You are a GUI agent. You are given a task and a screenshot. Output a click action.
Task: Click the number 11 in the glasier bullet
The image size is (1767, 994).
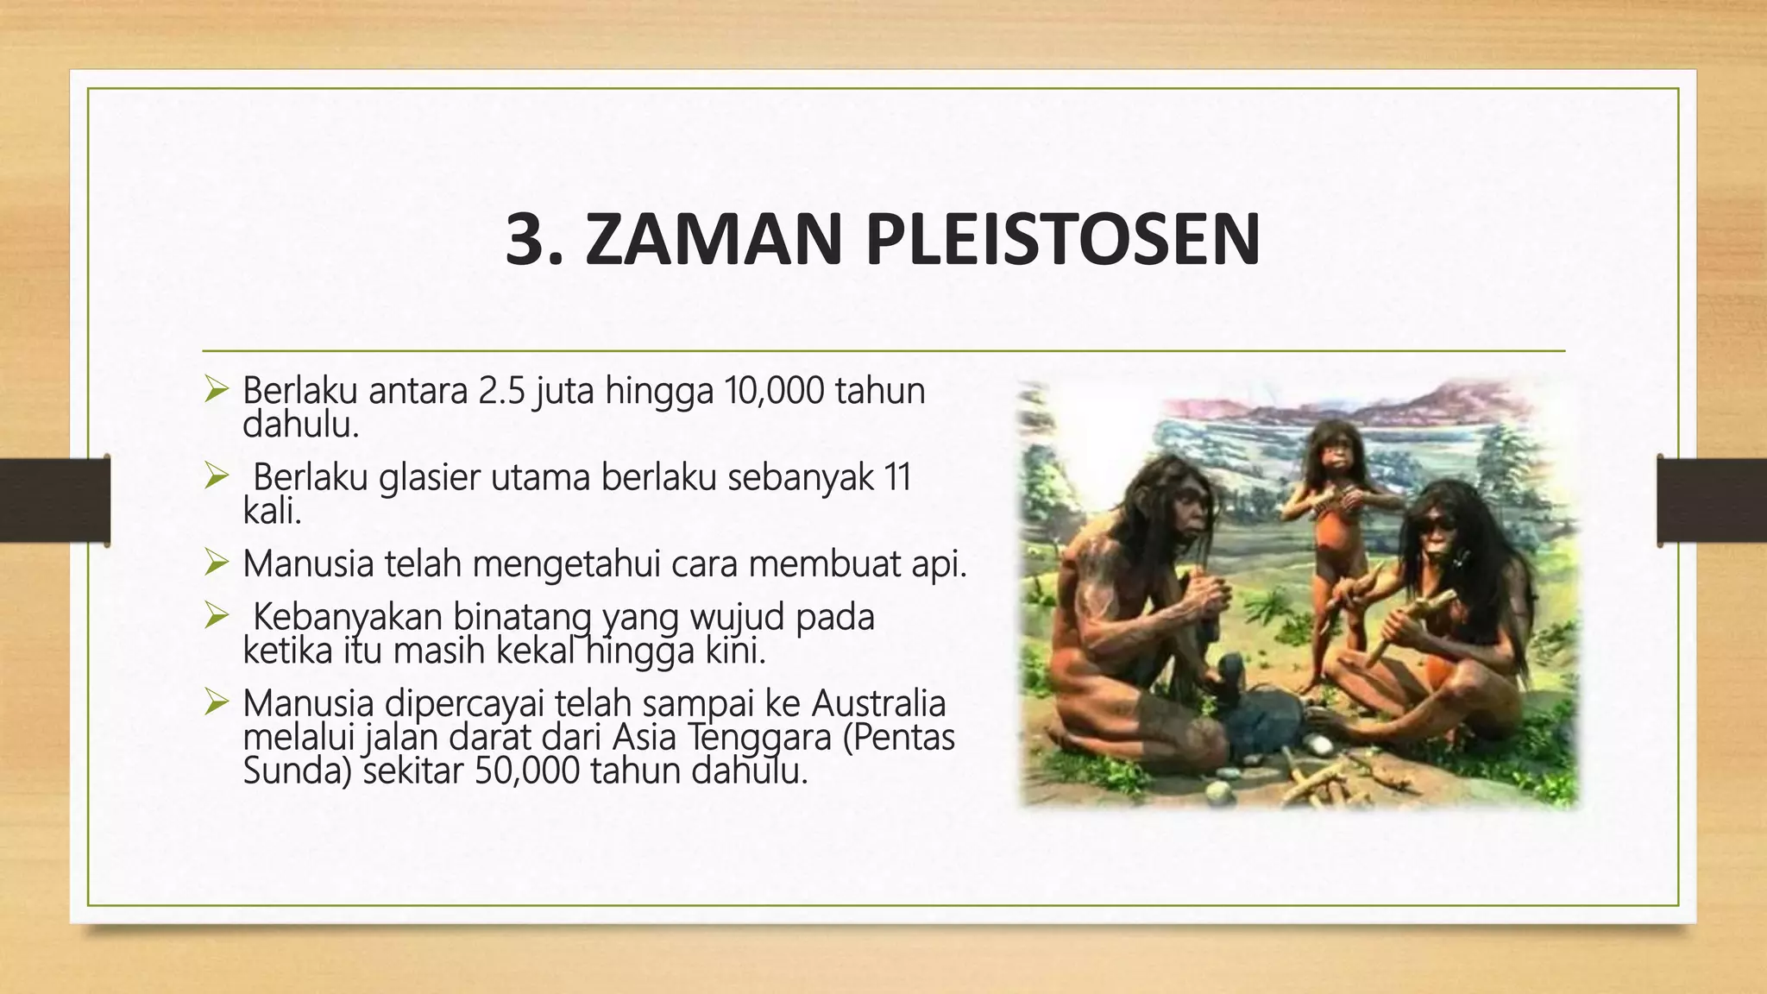[898, 477]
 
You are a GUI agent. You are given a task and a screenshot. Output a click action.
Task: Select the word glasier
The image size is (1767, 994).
[429, 477]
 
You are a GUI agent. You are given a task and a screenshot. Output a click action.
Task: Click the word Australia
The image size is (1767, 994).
[878, 703]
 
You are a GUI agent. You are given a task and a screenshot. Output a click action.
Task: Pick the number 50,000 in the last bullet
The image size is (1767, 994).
[528, 771]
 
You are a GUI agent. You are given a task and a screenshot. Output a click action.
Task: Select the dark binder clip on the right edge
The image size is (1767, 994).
[1712, 500]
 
